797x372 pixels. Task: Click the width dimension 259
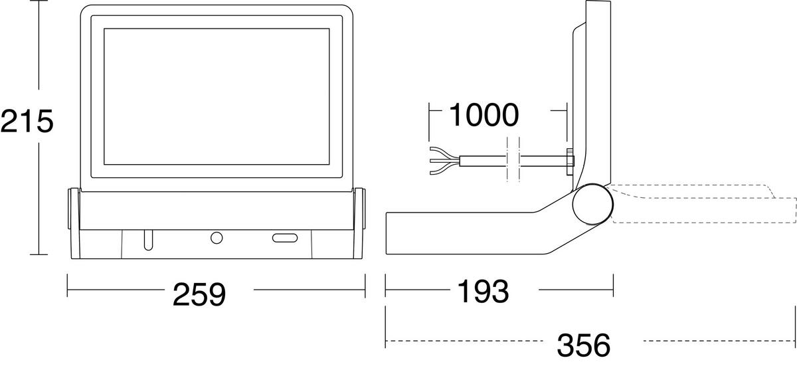[x=199, y=294]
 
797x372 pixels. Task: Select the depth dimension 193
[x=482, y=290]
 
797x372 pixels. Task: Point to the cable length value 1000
[x=484, y=115]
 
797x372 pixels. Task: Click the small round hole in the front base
[x=217, y=238]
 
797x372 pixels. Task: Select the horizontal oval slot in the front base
[x=285, y=238]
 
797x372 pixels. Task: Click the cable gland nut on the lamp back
[x=569, y=159]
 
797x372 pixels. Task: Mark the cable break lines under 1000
[x=511, y=159]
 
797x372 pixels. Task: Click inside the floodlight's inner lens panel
[x=217, y=98]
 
